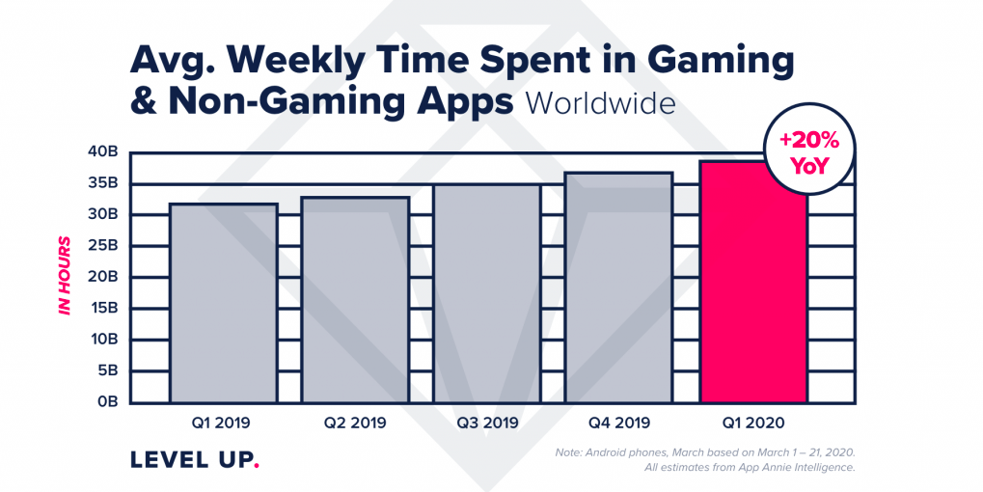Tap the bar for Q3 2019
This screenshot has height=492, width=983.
point(486,293)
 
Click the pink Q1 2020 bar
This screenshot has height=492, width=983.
point(752,289)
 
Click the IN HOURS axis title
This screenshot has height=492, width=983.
point(65,275)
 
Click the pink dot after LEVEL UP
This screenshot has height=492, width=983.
point(257,467)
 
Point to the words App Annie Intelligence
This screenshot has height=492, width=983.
point(791,468)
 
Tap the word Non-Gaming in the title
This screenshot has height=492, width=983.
point(288,102)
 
